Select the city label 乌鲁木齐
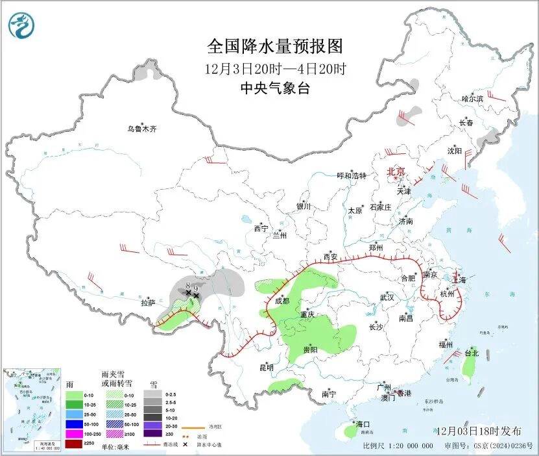click(x=141, y=129)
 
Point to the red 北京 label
click(x=396, y=172)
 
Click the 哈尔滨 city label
click(x=472, y=99)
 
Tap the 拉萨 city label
click(x=149, y=303)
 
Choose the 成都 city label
click(x=281, y=301)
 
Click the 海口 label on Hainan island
click(x=361, y=424)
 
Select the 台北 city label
click(x=471, y=353)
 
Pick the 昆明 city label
click(x=267, y=368)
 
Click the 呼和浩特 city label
click(x=352, y=175)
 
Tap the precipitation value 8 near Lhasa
click(x=187, y=286)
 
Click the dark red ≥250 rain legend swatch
click(x=75, y=445)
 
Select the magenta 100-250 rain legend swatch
click(x=75, y=435)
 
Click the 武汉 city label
click(x=387, y=297)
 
